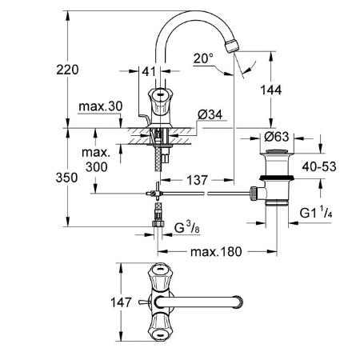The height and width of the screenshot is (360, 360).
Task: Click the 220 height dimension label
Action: tap(67, 70)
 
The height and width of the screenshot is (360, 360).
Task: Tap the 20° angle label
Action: tap(204, 58)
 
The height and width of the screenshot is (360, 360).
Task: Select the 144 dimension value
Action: tap(270, 90)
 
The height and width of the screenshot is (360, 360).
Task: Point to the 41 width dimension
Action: tap(149, 71)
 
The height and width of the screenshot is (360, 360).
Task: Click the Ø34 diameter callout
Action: tap(210, 115)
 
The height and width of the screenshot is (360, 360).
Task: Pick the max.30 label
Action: tap(101, 106)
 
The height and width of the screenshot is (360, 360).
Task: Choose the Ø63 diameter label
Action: tap(277, 137)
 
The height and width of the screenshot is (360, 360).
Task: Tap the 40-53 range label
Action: tap(319, 167)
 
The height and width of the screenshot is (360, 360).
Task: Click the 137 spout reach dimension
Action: tap(197, 180)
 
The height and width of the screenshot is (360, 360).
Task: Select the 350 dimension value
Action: tap(66, 178)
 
